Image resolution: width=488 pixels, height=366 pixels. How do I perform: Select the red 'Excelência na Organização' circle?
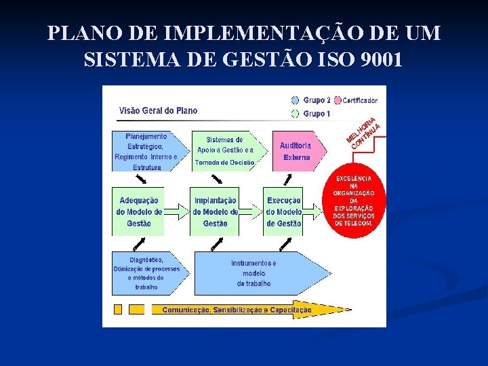coord(357,201)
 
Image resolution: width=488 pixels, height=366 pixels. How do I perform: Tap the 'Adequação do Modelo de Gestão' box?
coord(138,211)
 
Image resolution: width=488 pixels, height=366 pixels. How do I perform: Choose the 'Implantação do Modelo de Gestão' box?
coord(215,211)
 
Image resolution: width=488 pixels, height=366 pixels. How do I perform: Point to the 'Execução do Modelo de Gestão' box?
coord(283,211)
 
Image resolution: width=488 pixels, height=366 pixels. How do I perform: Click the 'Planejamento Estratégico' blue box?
coord(145,151)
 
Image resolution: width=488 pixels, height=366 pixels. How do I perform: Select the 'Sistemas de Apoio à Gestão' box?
coord(224,150)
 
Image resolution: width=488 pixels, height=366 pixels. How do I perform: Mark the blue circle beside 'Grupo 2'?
coord(295,100)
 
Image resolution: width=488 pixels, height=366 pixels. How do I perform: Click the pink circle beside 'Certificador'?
coord(338,100)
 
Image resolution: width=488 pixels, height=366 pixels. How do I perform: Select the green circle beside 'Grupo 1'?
coord(295,113)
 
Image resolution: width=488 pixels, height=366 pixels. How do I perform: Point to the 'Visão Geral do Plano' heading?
coord(158,110)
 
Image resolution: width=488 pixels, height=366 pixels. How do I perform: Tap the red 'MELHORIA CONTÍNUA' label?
coord(363,134)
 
